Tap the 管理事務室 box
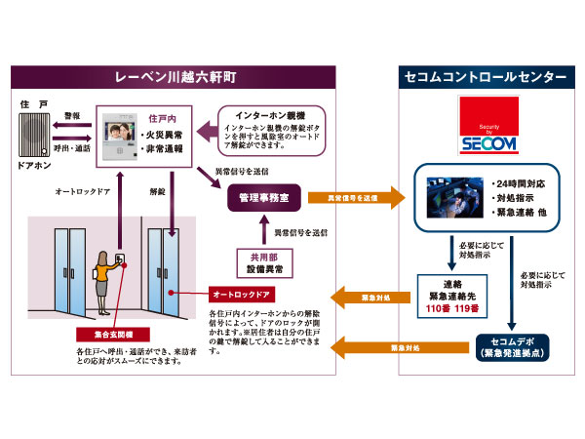tap(260, 198)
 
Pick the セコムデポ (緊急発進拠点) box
tap(512, 346)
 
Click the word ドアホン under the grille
tap(33, 180)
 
